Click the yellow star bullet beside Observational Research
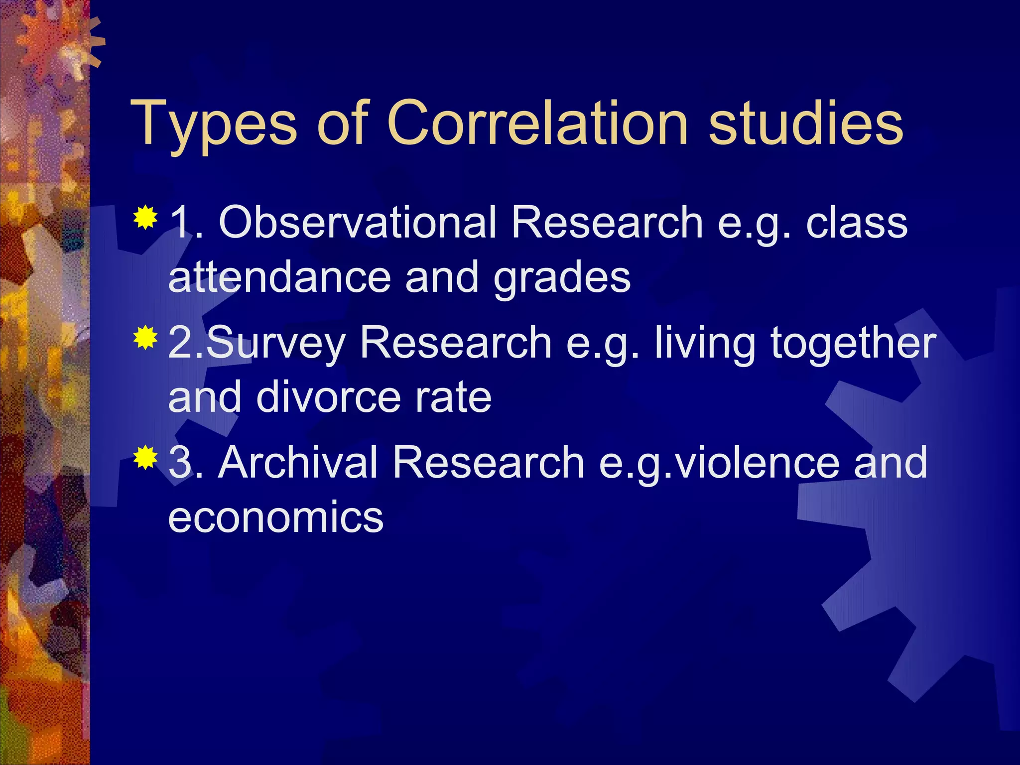point(145,217)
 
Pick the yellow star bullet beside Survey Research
point(145,338)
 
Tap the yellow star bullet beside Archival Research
point(145,458)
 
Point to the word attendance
point(280,277)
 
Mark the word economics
point(275,517)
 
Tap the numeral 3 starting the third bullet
point(180,463)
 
